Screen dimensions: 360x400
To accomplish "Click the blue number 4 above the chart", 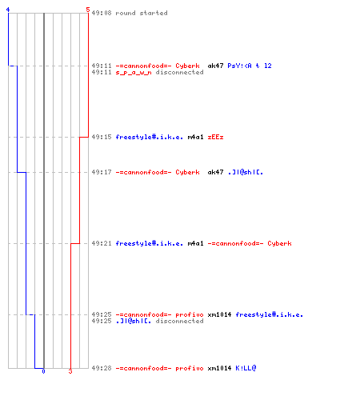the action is point(8,10).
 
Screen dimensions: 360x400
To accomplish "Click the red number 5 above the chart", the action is point(88,10).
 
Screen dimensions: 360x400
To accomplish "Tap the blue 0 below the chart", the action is point(43,371).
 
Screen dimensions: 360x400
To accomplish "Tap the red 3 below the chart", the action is point(70,371).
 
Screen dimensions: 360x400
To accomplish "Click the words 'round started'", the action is point(142,13).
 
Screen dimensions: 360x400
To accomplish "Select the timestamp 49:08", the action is point(102,13).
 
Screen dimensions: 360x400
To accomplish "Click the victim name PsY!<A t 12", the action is point(250,66).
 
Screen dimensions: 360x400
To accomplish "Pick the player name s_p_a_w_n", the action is point(134,73).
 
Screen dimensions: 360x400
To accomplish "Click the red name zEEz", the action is point(215,137).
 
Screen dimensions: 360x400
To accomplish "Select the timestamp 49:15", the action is point(102,137).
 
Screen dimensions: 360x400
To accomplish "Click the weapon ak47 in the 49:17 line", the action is point(215,172).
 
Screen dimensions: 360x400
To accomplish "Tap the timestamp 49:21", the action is point(102,243).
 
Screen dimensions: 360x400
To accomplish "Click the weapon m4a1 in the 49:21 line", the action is point(195,243).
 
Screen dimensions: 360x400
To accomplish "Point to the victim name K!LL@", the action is point(246,368).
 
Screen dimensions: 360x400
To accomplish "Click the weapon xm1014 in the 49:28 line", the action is point(219,368).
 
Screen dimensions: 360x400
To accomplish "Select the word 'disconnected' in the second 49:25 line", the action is point(179,321).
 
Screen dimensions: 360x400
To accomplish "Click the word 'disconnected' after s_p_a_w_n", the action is point(179,72).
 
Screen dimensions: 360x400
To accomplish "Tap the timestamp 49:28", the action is point(102,368).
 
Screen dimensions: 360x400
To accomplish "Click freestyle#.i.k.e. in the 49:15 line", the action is point(150,137).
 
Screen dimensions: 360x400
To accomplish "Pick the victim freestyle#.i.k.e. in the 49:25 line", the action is point(270,314).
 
